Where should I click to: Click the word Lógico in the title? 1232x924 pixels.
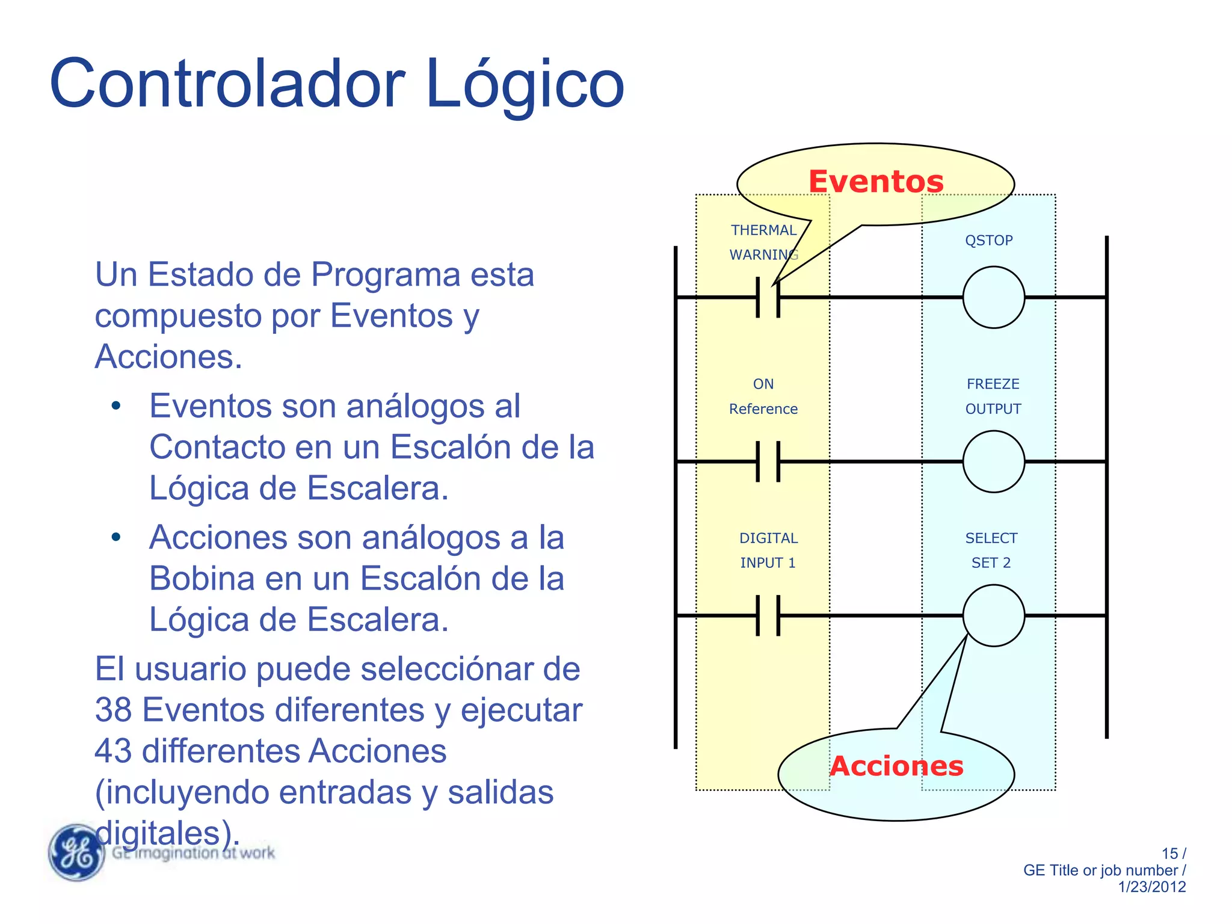click(x=525, y=84)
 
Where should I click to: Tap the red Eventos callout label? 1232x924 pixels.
click(x=876, y=182)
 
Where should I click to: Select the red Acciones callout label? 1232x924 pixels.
click(x=896, y=766)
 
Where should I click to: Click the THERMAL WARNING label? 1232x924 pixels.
click(x=763, y=242)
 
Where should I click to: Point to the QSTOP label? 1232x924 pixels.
click(x=989, y=241)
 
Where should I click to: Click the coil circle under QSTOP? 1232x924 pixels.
click(x=993, y=297)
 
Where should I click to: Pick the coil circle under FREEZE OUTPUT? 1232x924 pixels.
click(x=993, y=461)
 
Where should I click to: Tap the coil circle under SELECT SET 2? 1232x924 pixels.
click(x=993, y=615)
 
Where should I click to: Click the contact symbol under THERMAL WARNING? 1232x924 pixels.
click(x=768, y=297)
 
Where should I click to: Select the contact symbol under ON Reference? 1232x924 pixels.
click(x=768, y=461)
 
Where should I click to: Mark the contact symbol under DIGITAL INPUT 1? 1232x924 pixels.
click(x=768, y=615)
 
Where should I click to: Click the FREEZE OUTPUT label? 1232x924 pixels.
click(x=993, y=396)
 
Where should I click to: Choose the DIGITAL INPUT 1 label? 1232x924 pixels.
click(x=768, y=550)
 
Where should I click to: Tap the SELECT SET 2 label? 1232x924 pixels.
click(x=991, y=550)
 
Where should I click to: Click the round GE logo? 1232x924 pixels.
click(x=76, y=852)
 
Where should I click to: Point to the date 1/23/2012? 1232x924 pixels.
click(x=1151, y=887)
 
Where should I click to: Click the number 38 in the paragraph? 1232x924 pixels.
click(x=113, y=710)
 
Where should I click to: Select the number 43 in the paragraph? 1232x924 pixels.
click(x=113, y=751)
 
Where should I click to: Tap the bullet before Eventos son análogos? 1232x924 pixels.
click(x=116, y=406)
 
